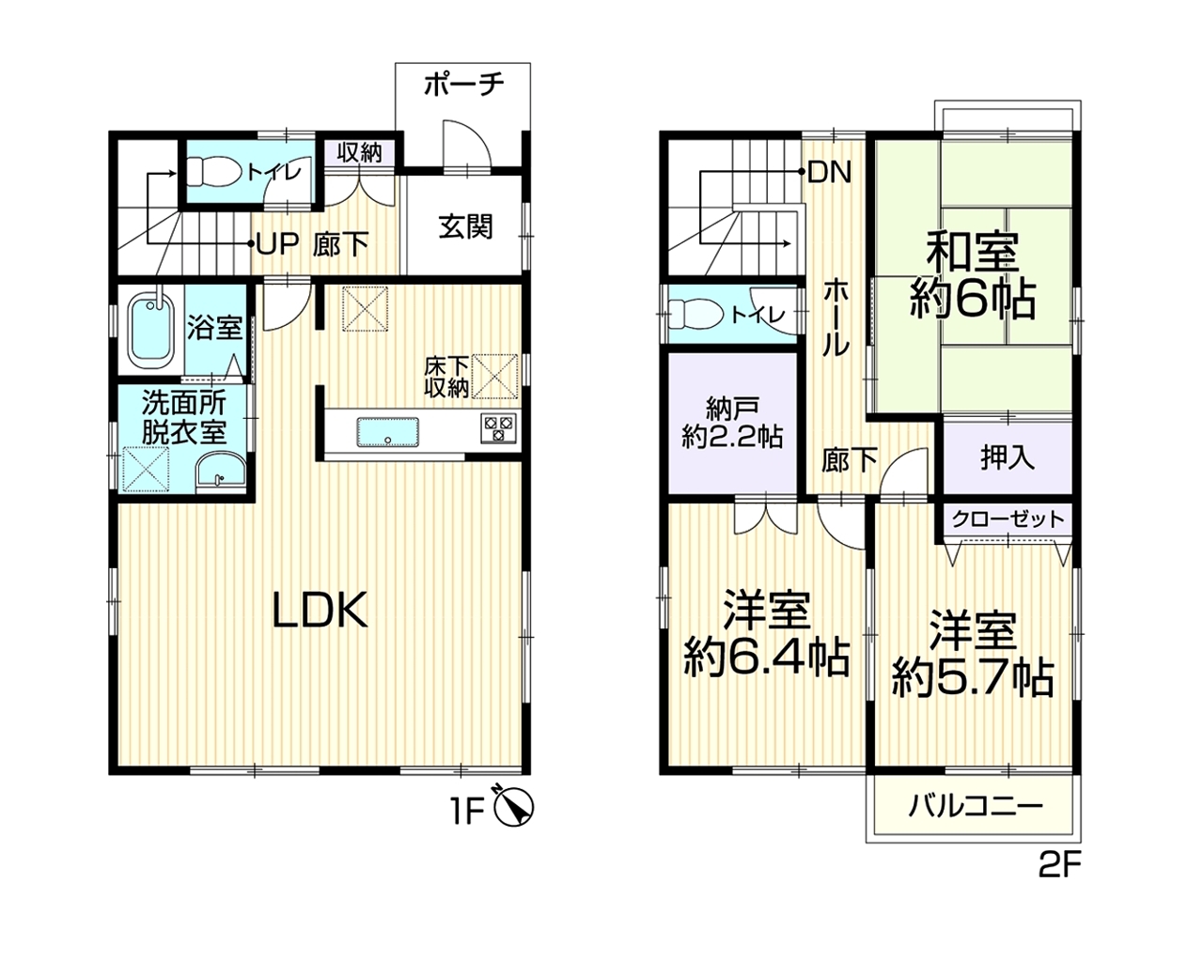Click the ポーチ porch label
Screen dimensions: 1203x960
tap(464, 85)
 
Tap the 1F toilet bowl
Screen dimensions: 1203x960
tap(211, 170)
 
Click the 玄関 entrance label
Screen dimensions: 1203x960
tap(465, 227)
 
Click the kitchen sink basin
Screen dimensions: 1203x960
tap(388, 432)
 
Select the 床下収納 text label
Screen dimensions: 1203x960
tap(446, 378)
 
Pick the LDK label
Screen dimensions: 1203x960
tap(320, 611)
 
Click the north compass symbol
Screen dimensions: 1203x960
tap(514, 808)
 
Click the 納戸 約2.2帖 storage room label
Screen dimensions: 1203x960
tap(732, 424)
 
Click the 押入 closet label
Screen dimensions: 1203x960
tap(1008, 457)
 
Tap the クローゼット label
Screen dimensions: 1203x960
tap(1008, 519)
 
